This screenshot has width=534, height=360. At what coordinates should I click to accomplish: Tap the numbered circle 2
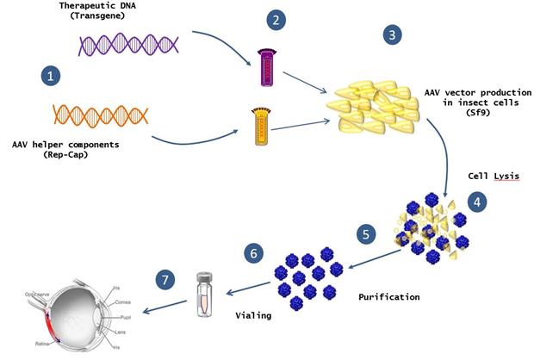coord(276,18)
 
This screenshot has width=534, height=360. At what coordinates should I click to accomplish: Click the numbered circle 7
coord(167,280)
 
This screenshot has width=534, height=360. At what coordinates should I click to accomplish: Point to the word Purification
coord(389,297)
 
